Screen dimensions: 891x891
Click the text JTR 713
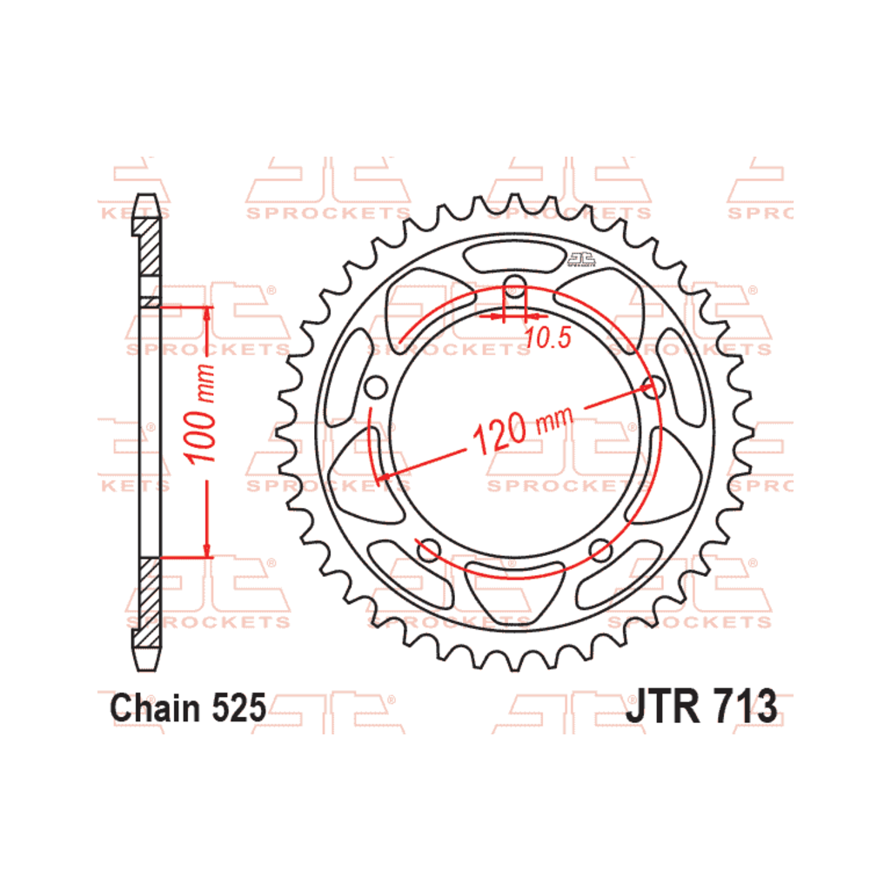click(x=701, y=707)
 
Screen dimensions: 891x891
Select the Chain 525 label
click(x=188, y=708)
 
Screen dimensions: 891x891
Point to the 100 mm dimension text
click(x=200, y=413)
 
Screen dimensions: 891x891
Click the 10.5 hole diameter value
click(x=547, y=338)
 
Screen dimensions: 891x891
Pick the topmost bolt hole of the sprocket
click(x=515, y=285)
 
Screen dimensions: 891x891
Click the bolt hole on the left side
click(x=376, y=387)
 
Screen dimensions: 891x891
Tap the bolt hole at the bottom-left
click(x=429, y=550)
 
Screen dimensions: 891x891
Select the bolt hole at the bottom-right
click(x=600, y=550)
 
